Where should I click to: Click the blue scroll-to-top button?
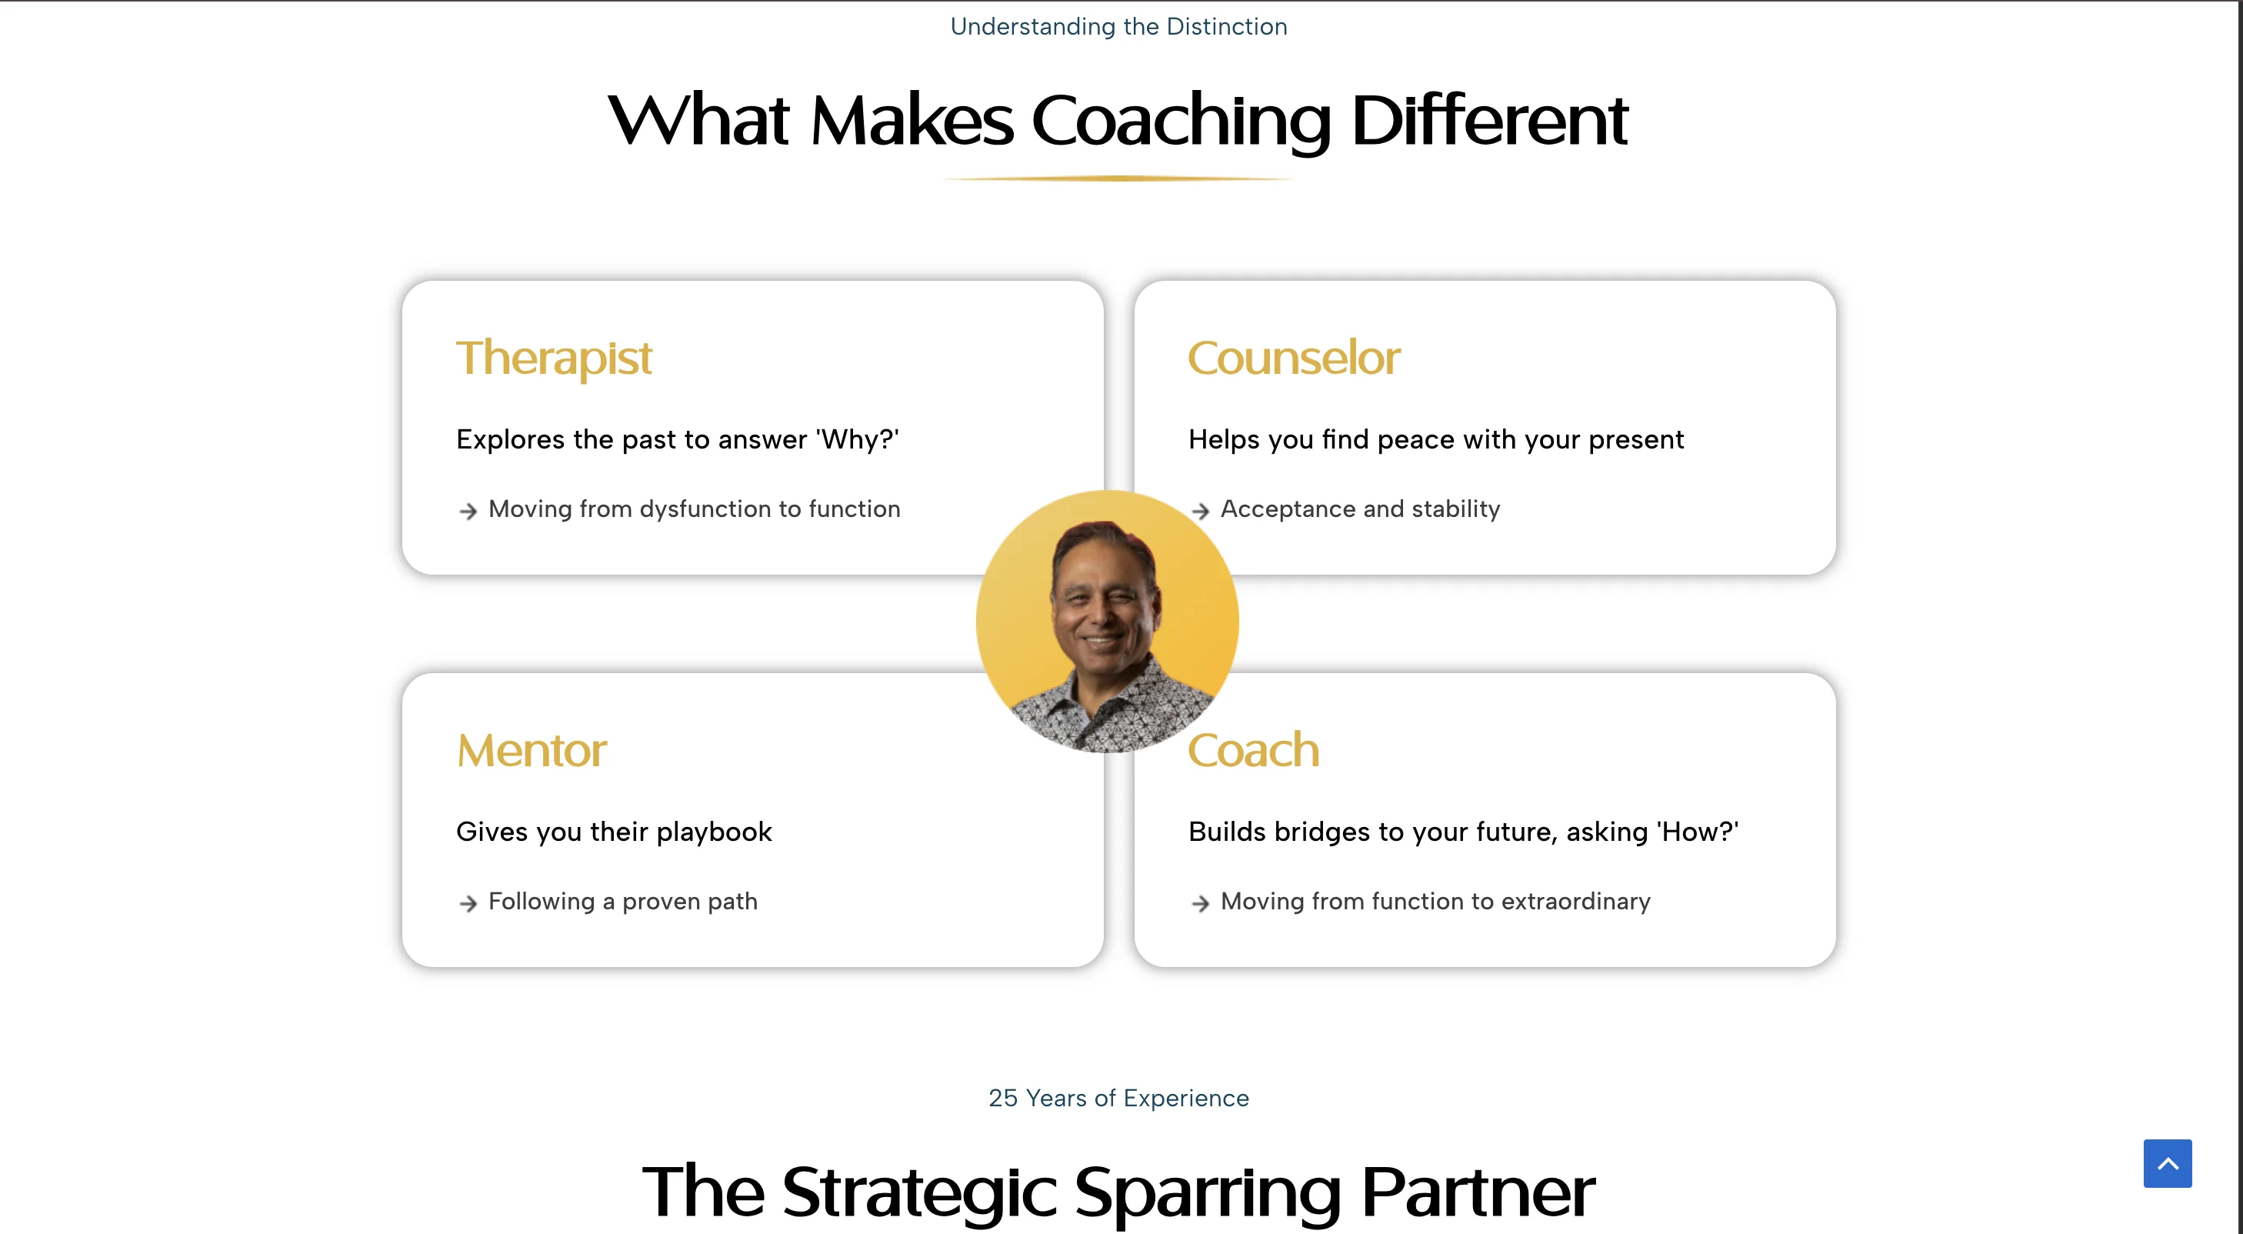tap(2168, 1162)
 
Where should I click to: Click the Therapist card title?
tap(554, 358)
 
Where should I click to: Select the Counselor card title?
tap(1294, 358)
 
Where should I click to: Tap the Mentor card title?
tap(532, 751)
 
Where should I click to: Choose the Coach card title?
tap(1254, 751)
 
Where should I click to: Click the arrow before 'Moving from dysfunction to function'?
tap(468, 511)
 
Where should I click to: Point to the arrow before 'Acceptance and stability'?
tap(1201, 511)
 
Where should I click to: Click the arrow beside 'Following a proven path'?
tap(468, 904)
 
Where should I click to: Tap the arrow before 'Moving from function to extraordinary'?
tap(1201, 904)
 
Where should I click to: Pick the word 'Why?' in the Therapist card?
tap(857, 440)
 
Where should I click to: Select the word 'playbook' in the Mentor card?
tap(714, 832)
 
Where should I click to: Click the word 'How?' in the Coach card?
tap(1697, 832)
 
